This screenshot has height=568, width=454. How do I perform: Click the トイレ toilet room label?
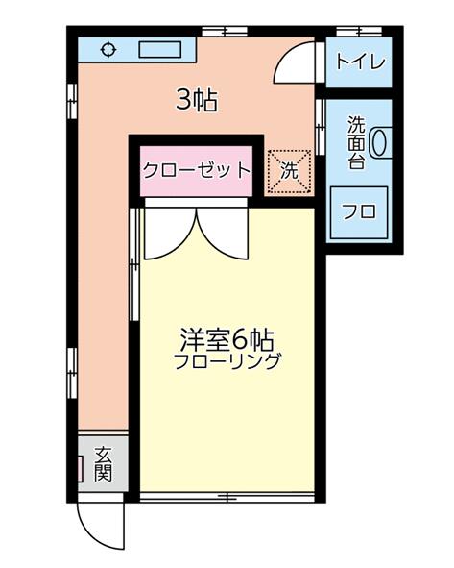click(x=360, y=62)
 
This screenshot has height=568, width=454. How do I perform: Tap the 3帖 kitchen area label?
click(x=197, y=100)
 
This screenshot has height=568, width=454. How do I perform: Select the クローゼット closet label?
click(x=197, y=171)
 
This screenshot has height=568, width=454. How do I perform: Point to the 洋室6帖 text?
click(x=227, y=340)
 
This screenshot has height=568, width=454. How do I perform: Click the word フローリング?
click(x=227, y=362)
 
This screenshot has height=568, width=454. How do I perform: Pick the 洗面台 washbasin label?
click(x=356, y=143)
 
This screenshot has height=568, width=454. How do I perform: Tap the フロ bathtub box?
click(x=359, y=212)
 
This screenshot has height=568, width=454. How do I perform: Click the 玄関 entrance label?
click(x=103, y=463)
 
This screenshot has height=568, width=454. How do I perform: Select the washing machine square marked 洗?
click(x=289, y=171)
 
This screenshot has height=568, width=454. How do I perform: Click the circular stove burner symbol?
click(x=108, y=50)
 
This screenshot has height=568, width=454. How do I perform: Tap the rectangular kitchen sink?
click(x=160, y=50)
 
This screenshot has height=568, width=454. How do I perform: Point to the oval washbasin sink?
click(x=379, y=142)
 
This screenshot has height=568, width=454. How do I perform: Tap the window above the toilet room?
click(x=359, y=32)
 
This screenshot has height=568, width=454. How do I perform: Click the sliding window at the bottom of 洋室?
click(x=227, y=497)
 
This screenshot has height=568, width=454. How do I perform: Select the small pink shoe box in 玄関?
click(x=81, y=469)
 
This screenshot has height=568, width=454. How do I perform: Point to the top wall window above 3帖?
click(x=225, y=32)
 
